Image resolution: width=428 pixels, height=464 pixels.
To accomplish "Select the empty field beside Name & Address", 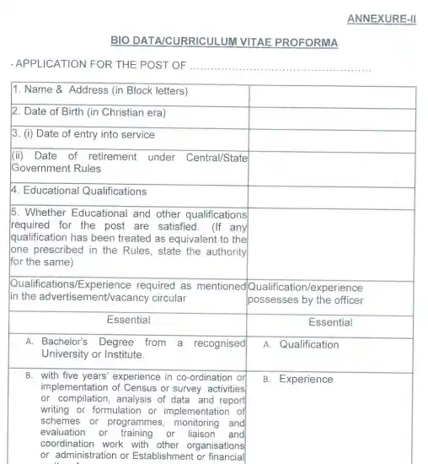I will coord(331,91).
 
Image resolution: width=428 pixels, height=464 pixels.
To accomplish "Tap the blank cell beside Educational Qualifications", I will coord(331,191).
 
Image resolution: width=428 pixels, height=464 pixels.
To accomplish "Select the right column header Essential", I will coord(330,321).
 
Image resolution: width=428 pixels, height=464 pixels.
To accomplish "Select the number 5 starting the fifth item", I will coord(15,213).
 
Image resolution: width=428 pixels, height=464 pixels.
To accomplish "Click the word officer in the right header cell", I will coord(345,299).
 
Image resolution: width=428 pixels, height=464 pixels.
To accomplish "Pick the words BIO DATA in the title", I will coord(136,42).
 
